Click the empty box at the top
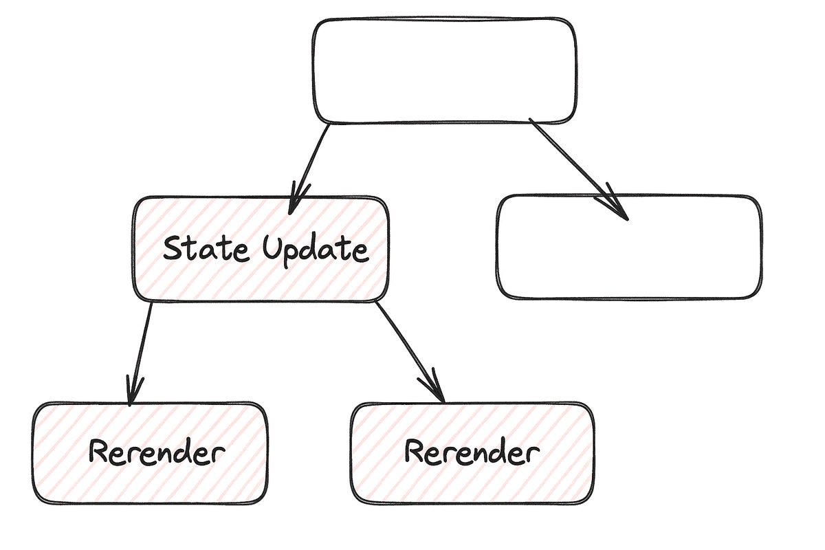point(445,70)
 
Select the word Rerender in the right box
point(472,452)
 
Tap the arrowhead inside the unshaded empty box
point(617,206)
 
